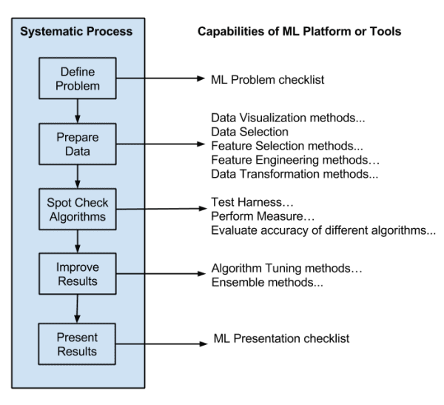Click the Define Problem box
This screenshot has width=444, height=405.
78,78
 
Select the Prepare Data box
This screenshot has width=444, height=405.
78,144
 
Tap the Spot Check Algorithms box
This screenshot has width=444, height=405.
78,210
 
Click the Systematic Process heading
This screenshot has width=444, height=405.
75,32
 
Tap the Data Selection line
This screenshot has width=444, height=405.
249,131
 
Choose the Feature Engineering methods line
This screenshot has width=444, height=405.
295,159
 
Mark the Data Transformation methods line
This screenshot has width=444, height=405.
295,175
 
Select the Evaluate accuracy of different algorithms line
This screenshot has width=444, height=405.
323,231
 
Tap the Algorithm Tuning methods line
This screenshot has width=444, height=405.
286,267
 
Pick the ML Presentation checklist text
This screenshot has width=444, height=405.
280,339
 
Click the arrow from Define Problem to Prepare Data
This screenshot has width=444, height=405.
78,109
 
